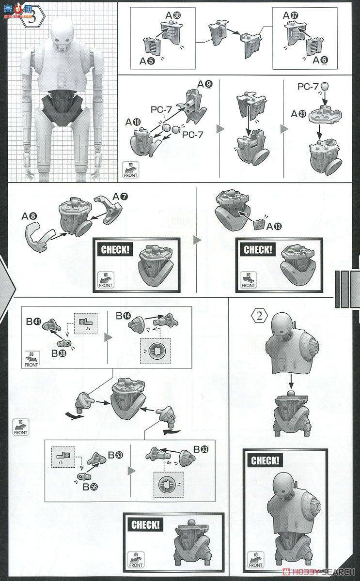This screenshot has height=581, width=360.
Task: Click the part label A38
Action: pyautogui.click(x=172, y=15)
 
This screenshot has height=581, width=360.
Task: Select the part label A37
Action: pyautogui.click(x=290, y=15)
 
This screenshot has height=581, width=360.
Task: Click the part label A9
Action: pyautogui.click(x=204, y=84)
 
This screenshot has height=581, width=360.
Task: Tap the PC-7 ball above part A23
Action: pyautogui.click(x=325, y=87)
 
